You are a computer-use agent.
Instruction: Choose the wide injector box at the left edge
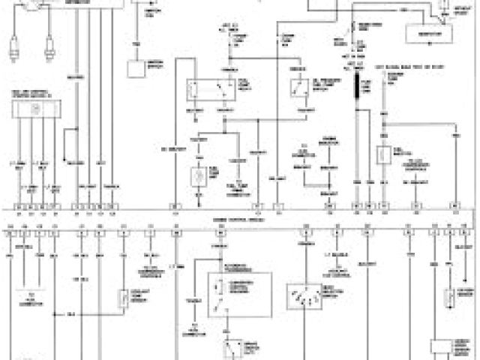pyautogui.click(x=34, y=109)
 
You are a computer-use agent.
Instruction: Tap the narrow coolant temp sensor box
pyautogui.click(x=123, y=298)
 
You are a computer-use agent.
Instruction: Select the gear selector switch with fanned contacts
pyautogui.click(x=305, y=298)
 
